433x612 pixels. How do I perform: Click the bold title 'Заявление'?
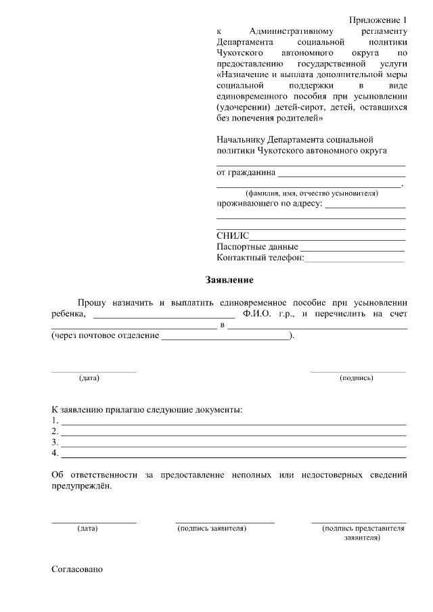coord(229,279)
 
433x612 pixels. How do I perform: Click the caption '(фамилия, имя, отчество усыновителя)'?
coord(311,193)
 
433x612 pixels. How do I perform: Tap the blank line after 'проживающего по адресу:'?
coord(365,204)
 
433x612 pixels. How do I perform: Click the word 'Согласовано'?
coord(77,570)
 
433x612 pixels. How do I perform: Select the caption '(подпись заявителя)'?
coord(211,528)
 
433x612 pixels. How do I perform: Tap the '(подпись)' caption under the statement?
coord(357,377)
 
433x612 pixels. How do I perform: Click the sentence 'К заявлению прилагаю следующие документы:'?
coord(147,410)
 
